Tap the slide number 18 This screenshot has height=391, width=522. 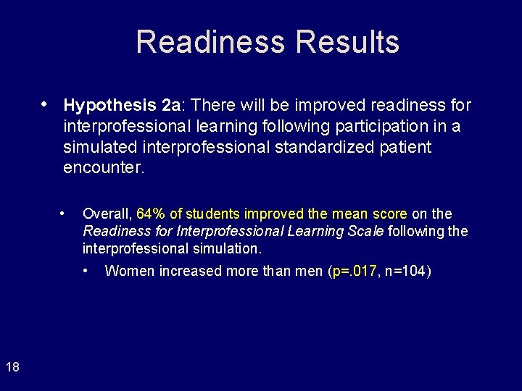click(12, 367)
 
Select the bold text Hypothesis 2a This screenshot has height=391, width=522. click(122, 106)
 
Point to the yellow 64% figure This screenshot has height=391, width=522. click(150, 214)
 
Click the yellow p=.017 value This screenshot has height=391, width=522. click(355, 272)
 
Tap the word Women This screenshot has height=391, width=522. click(128, 272)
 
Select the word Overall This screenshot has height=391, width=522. click(106, 214)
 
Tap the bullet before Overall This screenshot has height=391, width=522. click(65, 213)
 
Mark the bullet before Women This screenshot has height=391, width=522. click(86, 271)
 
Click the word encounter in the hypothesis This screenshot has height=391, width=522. click(104, 169)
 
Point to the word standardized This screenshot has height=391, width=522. click(336, 148)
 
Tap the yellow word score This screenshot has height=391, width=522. click(390, 214)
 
